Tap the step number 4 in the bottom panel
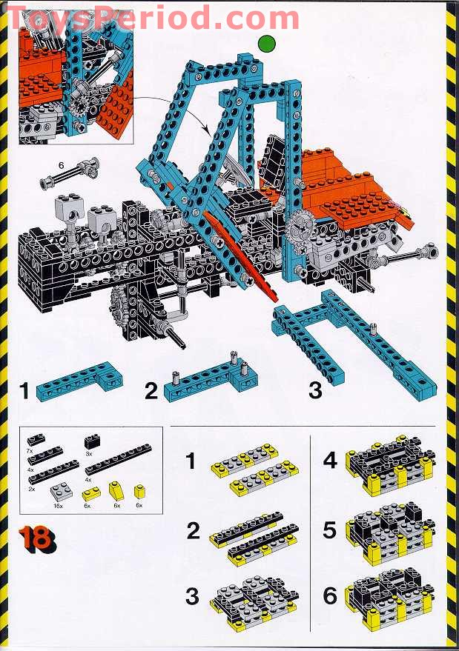[x=330, y=461]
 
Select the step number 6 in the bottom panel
[x=330, y=595]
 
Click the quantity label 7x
[x=30, y=450]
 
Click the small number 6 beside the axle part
[x=62, y=165]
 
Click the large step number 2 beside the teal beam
[x=151, y=390]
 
